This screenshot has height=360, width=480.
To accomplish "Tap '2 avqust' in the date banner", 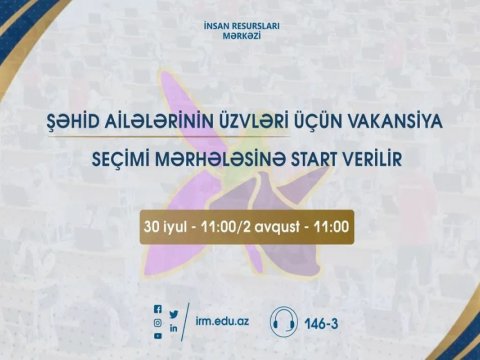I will (274, 227).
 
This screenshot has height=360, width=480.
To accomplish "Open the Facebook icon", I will (158, 310).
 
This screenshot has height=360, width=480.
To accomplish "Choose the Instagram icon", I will (158, 323).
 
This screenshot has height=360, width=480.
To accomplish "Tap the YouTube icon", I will (158, 336).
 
